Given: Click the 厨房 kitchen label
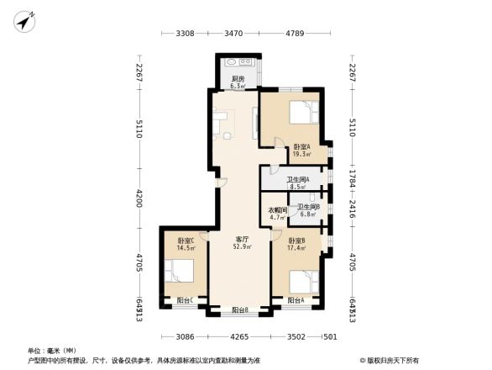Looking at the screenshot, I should tap(238, 82).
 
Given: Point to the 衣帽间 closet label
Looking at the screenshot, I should tap(277, 214).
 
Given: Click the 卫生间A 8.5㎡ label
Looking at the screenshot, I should tap(298, 182).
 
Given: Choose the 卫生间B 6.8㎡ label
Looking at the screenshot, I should tap(307, 210).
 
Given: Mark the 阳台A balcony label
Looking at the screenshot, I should tap(296, 300).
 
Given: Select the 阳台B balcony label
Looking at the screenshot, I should tap(242, 311).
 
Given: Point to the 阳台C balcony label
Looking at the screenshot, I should tap(185, 300).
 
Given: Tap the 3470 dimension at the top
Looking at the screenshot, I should tap(233, 34).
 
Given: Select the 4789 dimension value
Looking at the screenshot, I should tap(294, 34).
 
